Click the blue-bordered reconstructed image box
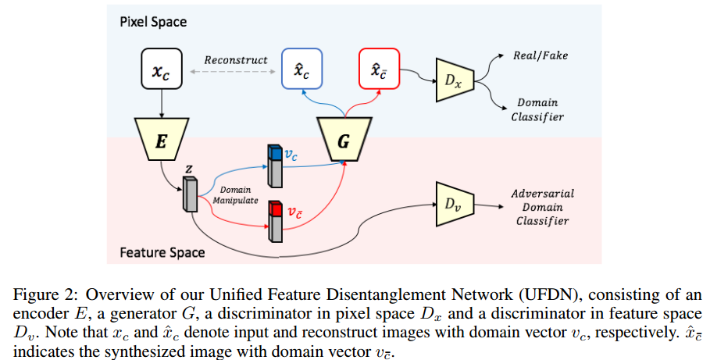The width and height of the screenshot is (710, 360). pos(301,68)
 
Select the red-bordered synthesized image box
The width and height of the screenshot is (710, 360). pos(379,68)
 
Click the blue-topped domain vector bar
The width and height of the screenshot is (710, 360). pos(273,165)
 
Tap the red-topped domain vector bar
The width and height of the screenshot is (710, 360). pos(274,221)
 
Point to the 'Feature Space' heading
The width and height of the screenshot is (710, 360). pos(162,252)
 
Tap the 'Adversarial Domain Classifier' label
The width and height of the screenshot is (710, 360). pos(540,206)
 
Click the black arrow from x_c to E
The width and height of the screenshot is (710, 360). pos(160,99)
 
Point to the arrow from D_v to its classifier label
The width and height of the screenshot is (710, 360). pos(487,206)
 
